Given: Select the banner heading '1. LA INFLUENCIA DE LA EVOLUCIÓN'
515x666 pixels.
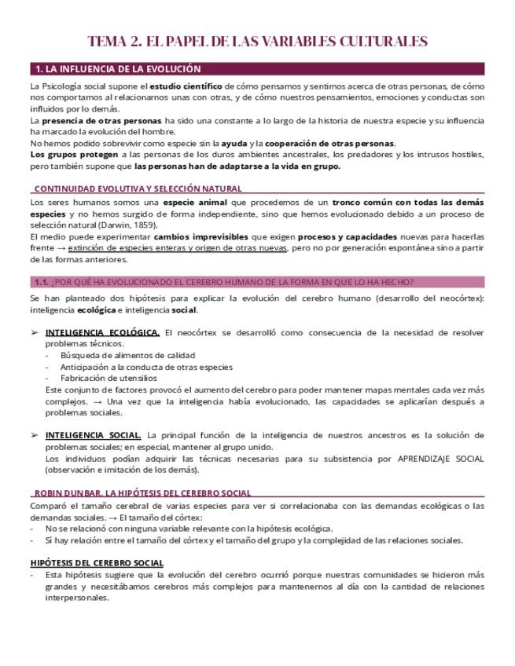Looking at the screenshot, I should pyautogui.click(x=118, y=69).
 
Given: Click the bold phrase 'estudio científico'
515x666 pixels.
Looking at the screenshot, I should pyautogui.click(x=186, y=86).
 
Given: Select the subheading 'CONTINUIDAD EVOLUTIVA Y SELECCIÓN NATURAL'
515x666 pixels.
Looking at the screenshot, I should pyautogui.click(x=138, y=188).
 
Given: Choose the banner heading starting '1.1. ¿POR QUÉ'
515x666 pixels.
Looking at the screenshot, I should pyautogui.click(x=224, y=282).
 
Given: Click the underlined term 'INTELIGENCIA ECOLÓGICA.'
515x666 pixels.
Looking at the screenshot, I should pyautogui.click(x=102, y=332).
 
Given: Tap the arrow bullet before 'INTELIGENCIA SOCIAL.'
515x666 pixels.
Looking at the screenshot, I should pyautogui.click(x=34, y=435).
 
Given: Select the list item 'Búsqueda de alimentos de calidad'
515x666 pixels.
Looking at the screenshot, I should pyautogui.click(x=127, y=355).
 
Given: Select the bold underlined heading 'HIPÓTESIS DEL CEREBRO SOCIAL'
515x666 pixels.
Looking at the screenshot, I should pyautogui.click(x=97, y=562).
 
